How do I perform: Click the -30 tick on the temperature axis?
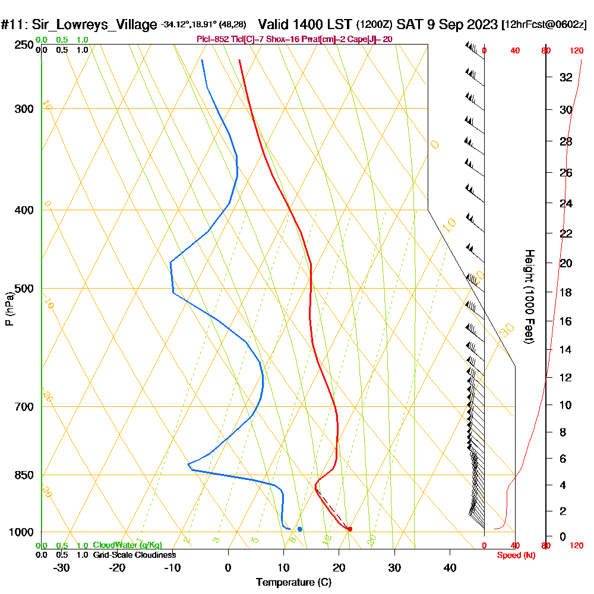(x=62, y=567)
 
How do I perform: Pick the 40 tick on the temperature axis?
(x=450, y=567)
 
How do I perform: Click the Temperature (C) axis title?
(x=293, y=582)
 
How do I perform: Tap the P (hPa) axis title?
(x=9, y=309)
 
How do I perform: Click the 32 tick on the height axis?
(x=565, y=77)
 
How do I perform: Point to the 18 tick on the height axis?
(x=565, y=292)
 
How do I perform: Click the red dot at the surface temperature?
(x=350, y=529)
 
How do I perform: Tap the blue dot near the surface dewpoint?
(x=300, y=529)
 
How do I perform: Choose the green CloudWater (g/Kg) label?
(x=127, y=545)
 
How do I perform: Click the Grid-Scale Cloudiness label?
(x=134, y=555)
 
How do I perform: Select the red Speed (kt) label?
(x=514, y=555)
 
